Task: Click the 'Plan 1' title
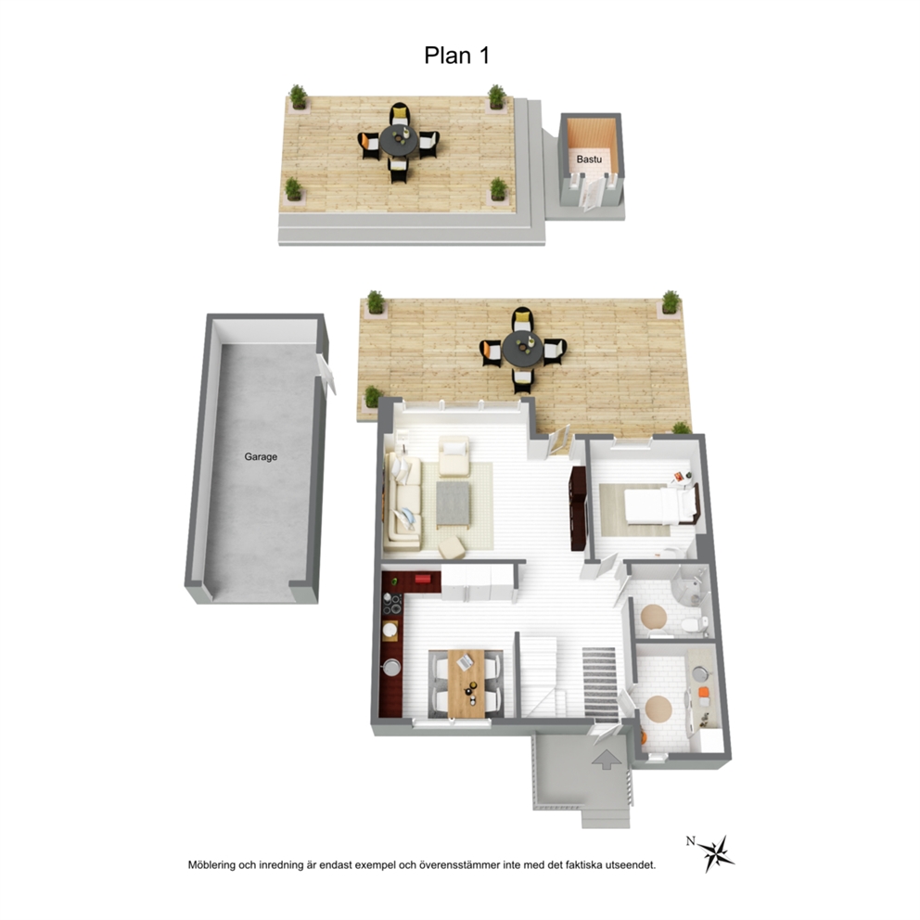click(456, 56)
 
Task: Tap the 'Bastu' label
click(589, 159)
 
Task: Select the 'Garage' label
click(261, 456)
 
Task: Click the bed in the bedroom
click(660, 505)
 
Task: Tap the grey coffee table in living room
click(453, 503)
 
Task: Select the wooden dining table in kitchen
click(466, 684)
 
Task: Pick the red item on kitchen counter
click(423, 580)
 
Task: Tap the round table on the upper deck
click(399, 141)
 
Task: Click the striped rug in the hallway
click(599, 683)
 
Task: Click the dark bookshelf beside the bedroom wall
click(579, 508)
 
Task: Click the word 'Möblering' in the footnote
click(211, 865)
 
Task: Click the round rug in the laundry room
click(658, 709)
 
